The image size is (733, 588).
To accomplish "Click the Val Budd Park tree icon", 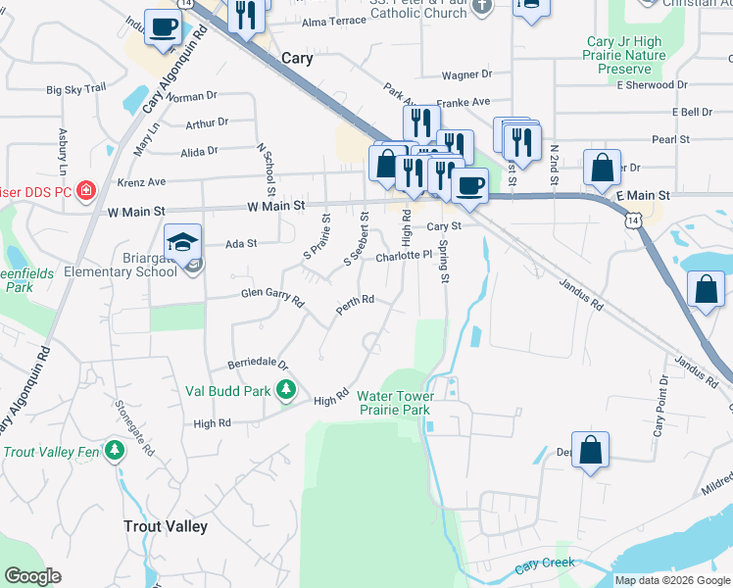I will pyautogui.click(x=286, y=391).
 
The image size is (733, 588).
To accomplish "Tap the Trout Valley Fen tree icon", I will pyautogui.click(x=116, y=451).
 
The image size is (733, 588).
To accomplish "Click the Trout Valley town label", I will pyautogui.click(x=166, y=526).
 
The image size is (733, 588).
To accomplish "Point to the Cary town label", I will pyautogui.click(x=297, y=58).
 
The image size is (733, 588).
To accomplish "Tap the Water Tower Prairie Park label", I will pyautogui.click(x=394, y=403).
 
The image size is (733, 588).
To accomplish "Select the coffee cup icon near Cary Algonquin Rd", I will pyautogui.click(x=164, y=26).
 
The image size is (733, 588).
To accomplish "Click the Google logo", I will pyautogui.click(x=33, y=576).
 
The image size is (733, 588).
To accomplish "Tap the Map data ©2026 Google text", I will pyautogui.click(x=671, y=580).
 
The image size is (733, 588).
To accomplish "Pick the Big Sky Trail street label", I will pyautogui.click(x=75, y=89).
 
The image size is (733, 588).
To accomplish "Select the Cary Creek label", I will pyautogui.click(x=545, y=564).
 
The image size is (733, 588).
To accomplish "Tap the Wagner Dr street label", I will pyautogui.click(x=466, y=74).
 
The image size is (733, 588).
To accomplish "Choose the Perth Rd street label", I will pyautogui.click(x=355, y=304).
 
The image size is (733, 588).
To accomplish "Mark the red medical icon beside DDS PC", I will pyautogui.click(x=86, y=189).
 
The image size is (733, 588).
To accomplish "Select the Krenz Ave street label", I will pyautogui.click(x=142, y=181).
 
